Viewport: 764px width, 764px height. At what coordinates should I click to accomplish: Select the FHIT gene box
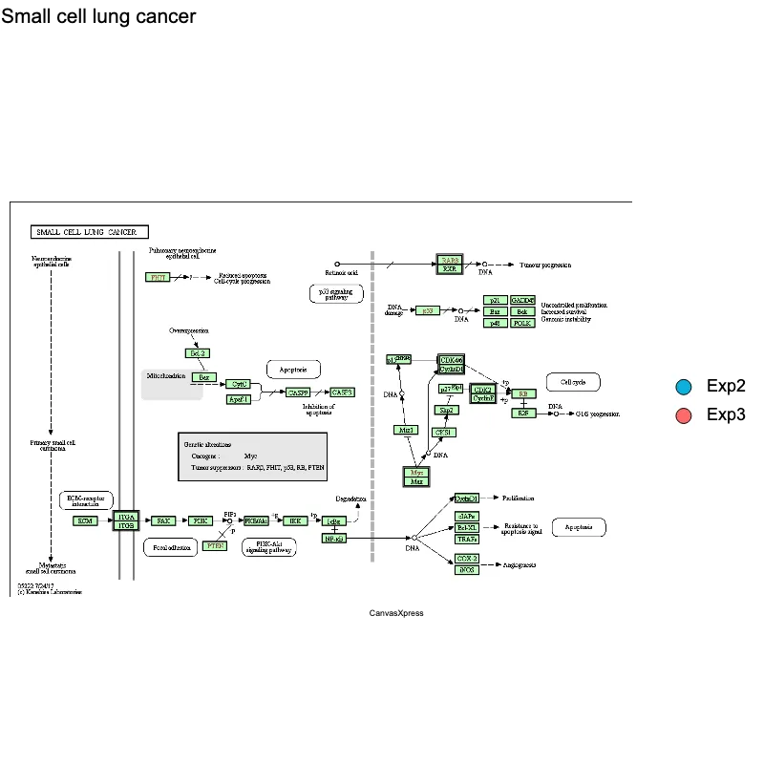click(x=159, y=277)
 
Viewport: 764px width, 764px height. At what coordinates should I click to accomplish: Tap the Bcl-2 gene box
click(x=198, y=353)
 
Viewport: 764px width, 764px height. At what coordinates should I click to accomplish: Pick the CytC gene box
click(x=239, y=384)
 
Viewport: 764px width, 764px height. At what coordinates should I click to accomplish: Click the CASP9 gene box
click(x=298, y=393)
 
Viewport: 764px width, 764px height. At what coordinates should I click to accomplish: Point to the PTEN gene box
click(x=215, y=546)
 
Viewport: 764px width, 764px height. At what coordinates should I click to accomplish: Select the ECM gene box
click(x=86, y=521)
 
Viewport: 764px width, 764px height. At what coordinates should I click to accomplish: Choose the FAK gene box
click(x=163, y=521)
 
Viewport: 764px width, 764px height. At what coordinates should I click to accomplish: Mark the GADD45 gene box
click(x=522, y=301)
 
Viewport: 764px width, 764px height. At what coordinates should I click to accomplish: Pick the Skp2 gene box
click(x=445, y=410)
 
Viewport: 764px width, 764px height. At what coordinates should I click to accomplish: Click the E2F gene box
click(x=522, y=414)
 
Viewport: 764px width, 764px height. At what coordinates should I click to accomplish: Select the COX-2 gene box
click(x=467, y=558)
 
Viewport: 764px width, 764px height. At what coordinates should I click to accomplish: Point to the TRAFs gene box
click(x=467, y=540)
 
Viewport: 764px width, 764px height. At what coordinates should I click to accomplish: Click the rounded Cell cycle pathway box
click(x=573, y=382)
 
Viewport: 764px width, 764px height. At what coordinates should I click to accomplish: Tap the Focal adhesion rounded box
click(x=169, y=547)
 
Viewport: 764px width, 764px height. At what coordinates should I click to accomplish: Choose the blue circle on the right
click(x=683, y=387)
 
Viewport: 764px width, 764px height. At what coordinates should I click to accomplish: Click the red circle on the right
click(x=683, y=416)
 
